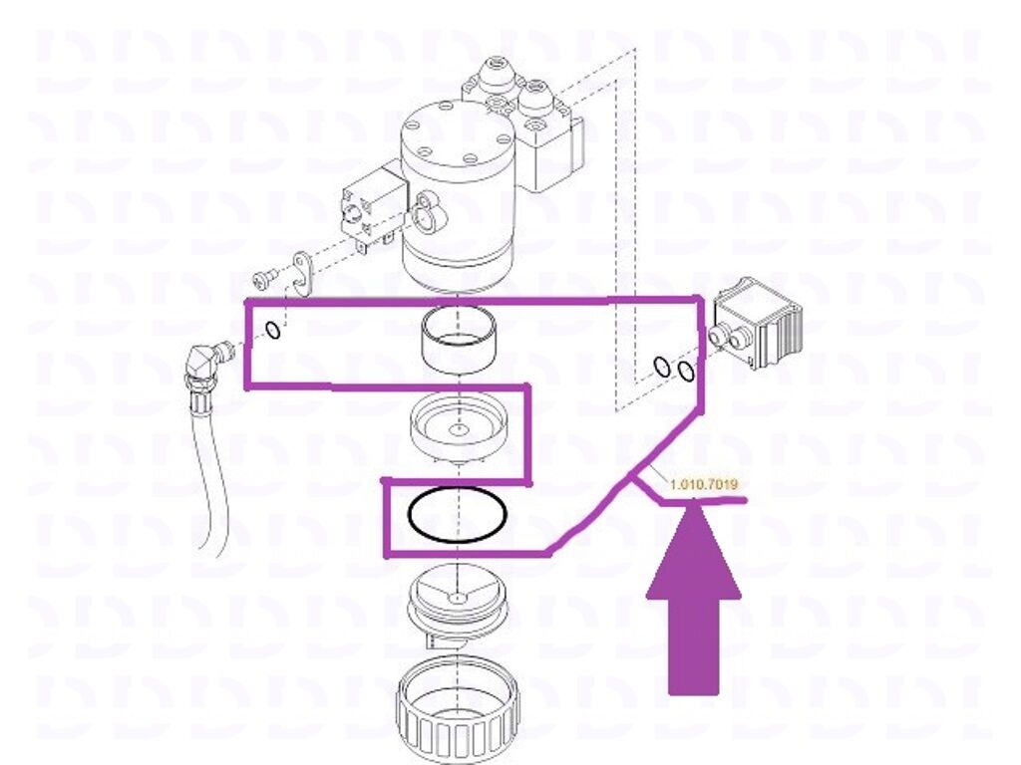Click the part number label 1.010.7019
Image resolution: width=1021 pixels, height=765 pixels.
703,485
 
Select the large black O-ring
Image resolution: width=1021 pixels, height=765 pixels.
457,516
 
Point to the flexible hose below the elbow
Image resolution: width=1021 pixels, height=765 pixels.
210,468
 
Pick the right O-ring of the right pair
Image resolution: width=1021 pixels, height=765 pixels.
685,371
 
